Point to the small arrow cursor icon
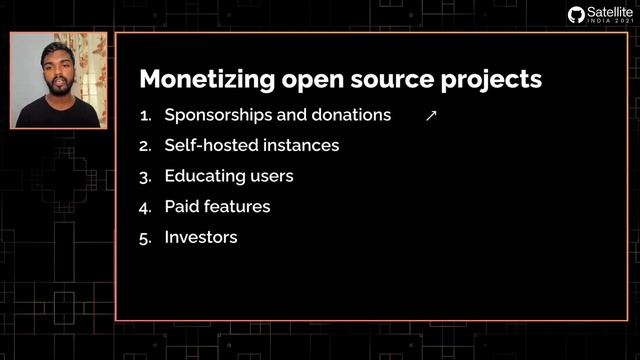click(431, 116)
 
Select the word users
click(269, 176)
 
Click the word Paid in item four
click(181, 207)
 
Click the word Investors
click(200, 238)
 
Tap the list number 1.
click(144, 115)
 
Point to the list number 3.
click(144, 176)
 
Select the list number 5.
click(144, 238)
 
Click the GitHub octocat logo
click(576, 14)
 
